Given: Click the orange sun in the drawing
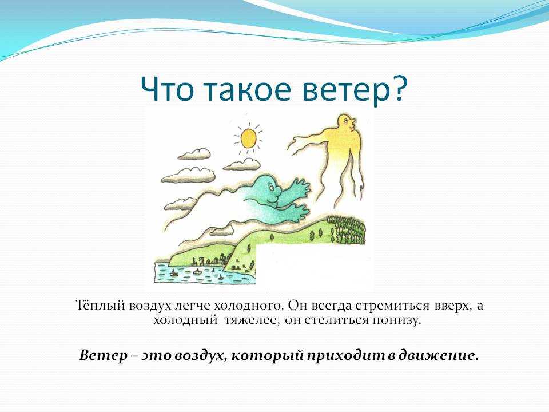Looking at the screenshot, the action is click(x=249, y=138).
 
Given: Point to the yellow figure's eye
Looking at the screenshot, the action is click(x=346, y=121).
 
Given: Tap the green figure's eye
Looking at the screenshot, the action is click(x=272, y=188).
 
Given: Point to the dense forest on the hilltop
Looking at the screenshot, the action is click(x=347, y=230).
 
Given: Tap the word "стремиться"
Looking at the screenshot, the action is click(x=392, y=306).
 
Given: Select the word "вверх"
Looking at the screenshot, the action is click(x=453, y=306).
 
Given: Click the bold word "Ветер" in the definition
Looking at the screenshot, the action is click(x=104, y=355).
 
